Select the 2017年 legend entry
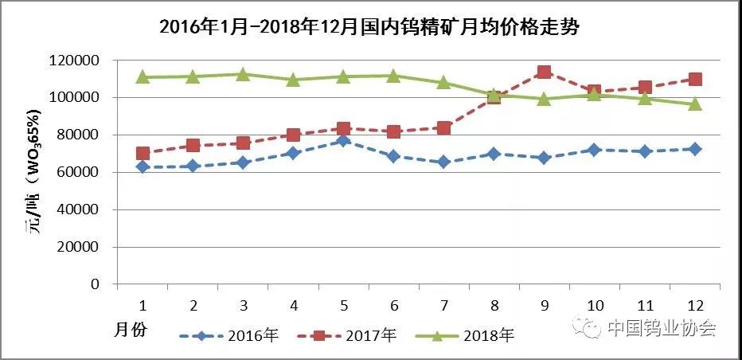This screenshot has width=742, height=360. click(x=367, y=335)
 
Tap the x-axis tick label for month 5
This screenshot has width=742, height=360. click(x=343, y=305)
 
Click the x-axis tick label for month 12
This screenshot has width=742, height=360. click(x=694, y=305)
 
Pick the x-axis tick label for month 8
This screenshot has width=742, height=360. click(x=494, y=305)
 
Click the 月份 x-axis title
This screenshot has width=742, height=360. click(x=131, y=329)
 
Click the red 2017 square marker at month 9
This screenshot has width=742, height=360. click(x=544, y=72)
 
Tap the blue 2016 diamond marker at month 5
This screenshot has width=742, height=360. click(x=343, y=141)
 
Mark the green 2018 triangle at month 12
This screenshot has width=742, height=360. click(x=694, y=104)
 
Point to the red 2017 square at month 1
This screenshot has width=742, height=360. click(x=143, y=153)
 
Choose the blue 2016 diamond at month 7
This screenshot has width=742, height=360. click(x=443, y=162)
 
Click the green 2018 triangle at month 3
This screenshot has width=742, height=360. click(x=243, y=74)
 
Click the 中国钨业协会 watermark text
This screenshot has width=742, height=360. click(x=662, y=328)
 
